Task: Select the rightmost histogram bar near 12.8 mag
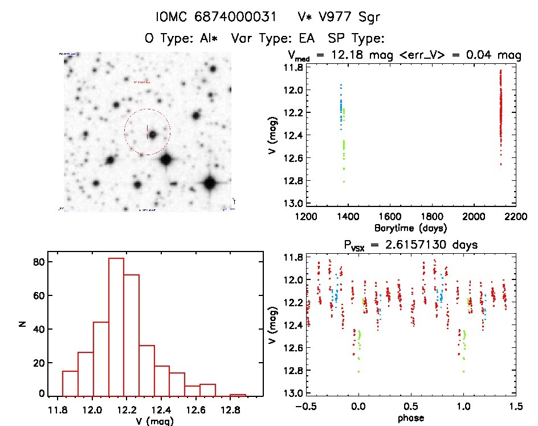pyautogui.click(x=238, y=395)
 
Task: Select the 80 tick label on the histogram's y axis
pyautogui.click(x=38, y=262)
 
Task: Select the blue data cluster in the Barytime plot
pyautogui.click(x=341, y=108)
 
